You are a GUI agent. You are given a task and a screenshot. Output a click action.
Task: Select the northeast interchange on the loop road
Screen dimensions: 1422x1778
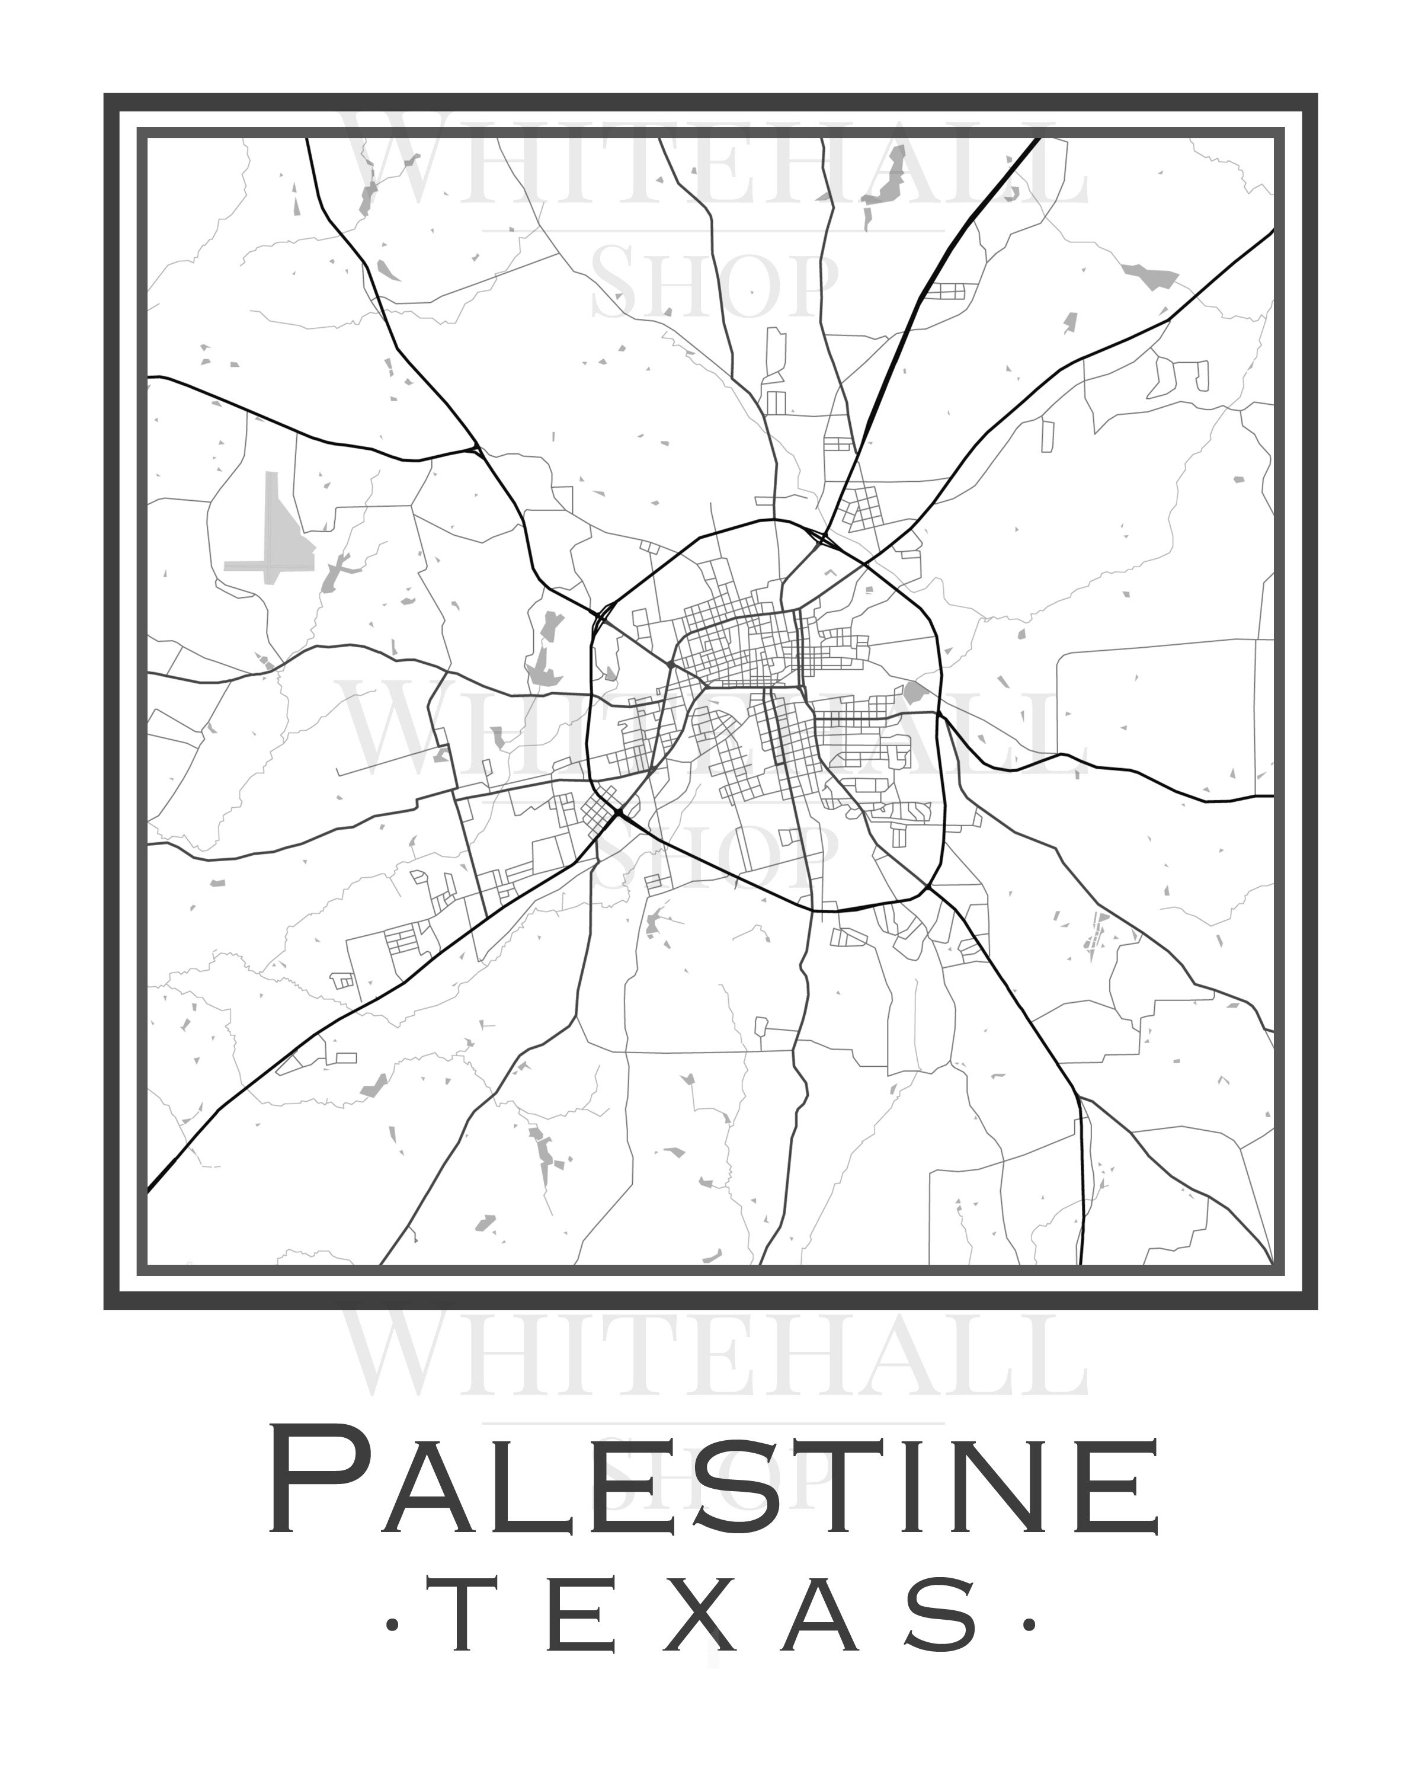point(820,540)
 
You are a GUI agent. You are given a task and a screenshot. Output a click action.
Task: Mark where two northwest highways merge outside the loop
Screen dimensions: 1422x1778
point(476,449)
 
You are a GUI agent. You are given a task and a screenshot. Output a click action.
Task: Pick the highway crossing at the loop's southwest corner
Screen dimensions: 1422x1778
point(617,815)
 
